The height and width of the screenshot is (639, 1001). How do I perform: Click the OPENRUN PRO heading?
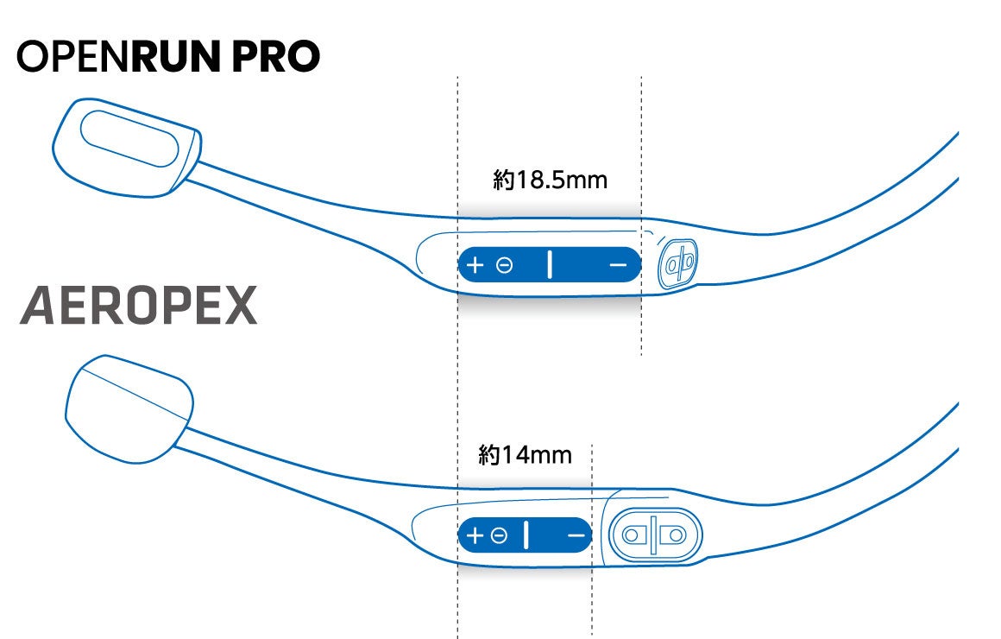168,57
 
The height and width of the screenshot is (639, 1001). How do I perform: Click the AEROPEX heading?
138,306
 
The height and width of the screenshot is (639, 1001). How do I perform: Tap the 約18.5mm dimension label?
550,180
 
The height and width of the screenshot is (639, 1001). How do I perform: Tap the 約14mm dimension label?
525,454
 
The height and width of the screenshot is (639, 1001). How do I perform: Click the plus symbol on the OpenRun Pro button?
475,265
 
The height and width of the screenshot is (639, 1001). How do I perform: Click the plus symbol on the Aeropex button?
475,536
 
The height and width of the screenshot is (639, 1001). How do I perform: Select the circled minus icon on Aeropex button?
499,536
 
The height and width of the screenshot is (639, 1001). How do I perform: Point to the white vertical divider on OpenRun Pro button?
549,265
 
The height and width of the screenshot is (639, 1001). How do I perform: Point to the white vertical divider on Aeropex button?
526,535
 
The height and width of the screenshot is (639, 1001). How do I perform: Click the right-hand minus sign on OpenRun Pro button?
617,265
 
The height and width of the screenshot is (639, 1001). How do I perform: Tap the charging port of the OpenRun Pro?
677,265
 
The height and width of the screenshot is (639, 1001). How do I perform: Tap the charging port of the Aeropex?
653,535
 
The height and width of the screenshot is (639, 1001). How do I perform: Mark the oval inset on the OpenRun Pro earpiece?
129,138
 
